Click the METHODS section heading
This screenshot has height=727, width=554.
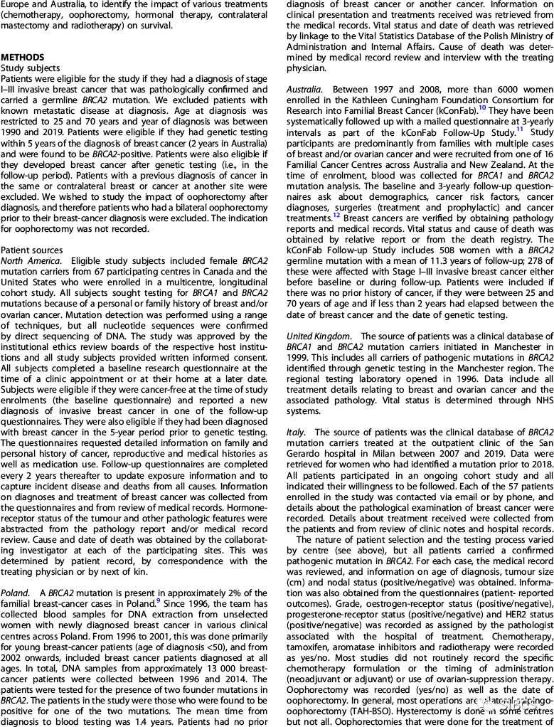click(23, 57)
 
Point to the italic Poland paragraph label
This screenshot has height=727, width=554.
click(14, 592)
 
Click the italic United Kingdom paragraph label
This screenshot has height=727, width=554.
click(318, 336)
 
